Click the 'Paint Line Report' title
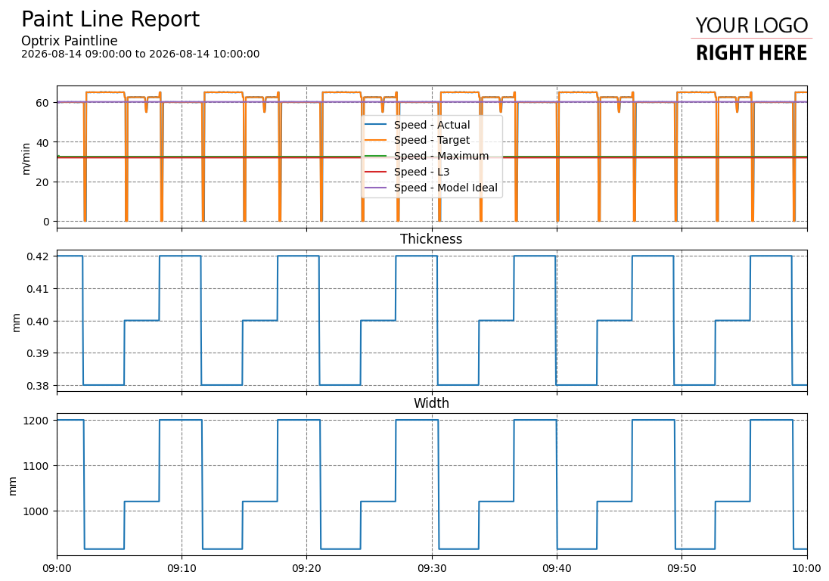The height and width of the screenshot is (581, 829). point(110,20)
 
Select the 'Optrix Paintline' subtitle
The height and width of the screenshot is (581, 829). point(70,41)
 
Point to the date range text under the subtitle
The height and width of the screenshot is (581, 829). point(140,54)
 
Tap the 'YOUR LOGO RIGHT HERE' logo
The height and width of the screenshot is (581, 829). point(751,39)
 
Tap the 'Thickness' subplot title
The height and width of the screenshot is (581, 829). point(431,239)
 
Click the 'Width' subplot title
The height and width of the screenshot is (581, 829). point(431,403)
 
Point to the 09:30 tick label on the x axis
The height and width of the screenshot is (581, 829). point(432,569)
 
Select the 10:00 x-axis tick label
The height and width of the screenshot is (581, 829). point(807,569)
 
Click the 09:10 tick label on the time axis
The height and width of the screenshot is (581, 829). point(182,569)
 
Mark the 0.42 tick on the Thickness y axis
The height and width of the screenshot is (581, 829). point(38,257)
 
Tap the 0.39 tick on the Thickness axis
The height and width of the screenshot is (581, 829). point(38,353)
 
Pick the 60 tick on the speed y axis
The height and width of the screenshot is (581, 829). point(43,103)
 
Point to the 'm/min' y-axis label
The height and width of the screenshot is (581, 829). point(26,159)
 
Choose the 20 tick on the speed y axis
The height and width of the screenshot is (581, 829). point(43,182)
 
